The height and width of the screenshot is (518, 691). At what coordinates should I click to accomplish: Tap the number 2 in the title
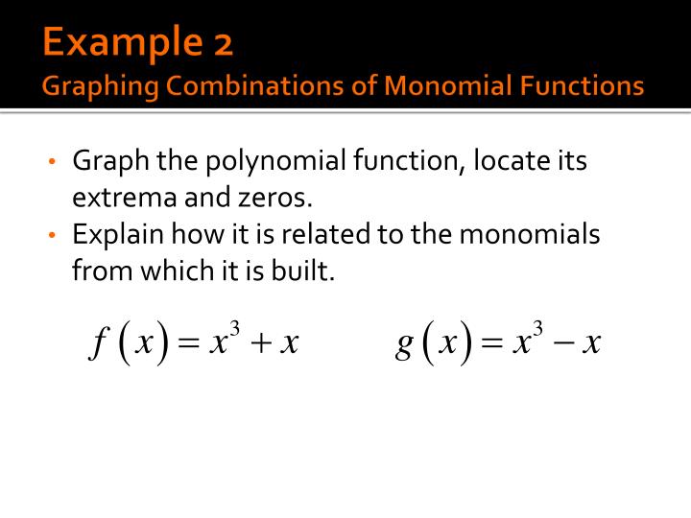[223, 43]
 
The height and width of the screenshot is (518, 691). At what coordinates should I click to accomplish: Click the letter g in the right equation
[405, 343]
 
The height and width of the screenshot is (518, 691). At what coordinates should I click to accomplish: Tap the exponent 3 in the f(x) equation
[233, 329]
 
